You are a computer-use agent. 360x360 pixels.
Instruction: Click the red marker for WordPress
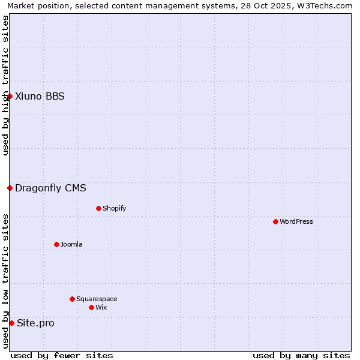tap(275, 221)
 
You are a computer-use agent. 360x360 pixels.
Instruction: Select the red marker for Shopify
tap(98, 208)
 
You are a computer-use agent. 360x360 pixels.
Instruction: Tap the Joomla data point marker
tap(56, 244)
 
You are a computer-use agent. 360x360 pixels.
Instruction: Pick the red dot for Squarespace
tap(72, 299)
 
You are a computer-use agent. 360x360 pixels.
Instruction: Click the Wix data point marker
tap(91, 307)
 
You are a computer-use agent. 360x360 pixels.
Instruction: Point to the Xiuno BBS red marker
tap(10, 96)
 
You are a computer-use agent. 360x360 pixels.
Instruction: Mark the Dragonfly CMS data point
tap(10, 188)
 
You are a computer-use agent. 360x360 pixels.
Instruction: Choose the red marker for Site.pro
tap(11, 323)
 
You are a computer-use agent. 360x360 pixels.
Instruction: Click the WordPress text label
tap(296, 221)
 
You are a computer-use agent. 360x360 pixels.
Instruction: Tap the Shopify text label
tap(114, 208)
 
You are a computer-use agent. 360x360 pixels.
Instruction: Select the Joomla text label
tap(71, 244)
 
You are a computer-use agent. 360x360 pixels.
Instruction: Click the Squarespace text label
tap(97, 299)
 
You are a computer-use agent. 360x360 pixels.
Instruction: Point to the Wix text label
tap(101, 307)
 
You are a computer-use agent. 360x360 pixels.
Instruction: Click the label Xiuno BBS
tap(40, 96)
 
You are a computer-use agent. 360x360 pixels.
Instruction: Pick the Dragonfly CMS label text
tap(50, 188)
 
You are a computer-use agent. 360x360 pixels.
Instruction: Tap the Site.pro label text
tap(35, 323)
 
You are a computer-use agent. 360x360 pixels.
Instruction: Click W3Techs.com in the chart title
tap(326, 6)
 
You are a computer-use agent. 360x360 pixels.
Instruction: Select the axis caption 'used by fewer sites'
tap(62, 355)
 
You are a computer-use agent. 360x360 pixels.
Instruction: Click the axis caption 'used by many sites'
tap(301, 355)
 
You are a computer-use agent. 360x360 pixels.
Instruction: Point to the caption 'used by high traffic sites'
tap(5, 85)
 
